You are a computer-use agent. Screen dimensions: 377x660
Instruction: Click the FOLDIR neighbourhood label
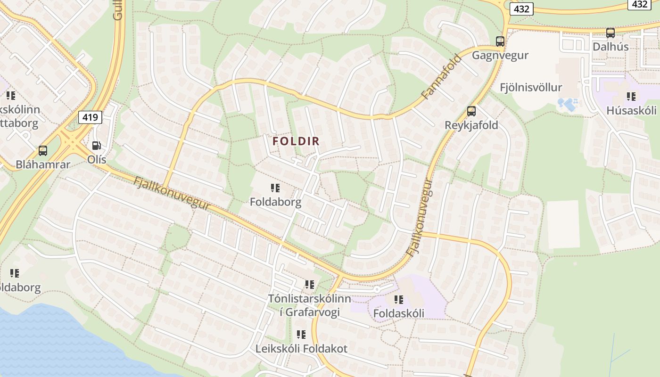coord(296,141)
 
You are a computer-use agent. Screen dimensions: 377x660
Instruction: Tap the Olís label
coord(97,160)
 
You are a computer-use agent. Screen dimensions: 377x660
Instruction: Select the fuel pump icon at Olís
coord(96,146)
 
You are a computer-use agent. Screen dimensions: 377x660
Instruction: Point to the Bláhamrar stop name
coord(43,164)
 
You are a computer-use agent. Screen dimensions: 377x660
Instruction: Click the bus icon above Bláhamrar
coord(43,151)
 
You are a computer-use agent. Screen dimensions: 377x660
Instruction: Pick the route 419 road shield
coord(91,117)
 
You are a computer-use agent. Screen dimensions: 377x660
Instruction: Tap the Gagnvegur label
coord(500,55)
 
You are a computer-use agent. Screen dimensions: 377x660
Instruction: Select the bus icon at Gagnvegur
coord(500,41)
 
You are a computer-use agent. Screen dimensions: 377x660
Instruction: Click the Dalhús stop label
coord(610,47)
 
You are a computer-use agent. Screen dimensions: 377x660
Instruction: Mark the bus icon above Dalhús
coord(610,33)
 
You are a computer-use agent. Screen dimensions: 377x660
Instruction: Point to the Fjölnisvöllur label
coord(531,87)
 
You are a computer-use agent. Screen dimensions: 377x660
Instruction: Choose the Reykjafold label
coord(471,125)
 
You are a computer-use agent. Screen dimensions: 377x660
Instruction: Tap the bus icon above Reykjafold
coord(471,112)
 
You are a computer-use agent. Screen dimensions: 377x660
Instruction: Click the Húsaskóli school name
coord(631,111)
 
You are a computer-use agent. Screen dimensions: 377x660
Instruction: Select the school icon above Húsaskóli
coord(631,97)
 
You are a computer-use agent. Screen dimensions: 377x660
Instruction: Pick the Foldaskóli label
coord(399,313)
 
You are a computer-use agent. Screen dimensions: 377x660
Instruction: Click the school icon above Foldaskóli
coord(399,299)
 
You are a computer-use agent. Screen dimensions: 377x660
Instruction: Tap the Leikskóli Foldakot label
coord(301,349)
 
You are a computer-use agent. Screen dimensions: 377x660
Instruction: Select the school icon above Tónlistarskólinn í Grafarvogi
coord(310,285)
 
